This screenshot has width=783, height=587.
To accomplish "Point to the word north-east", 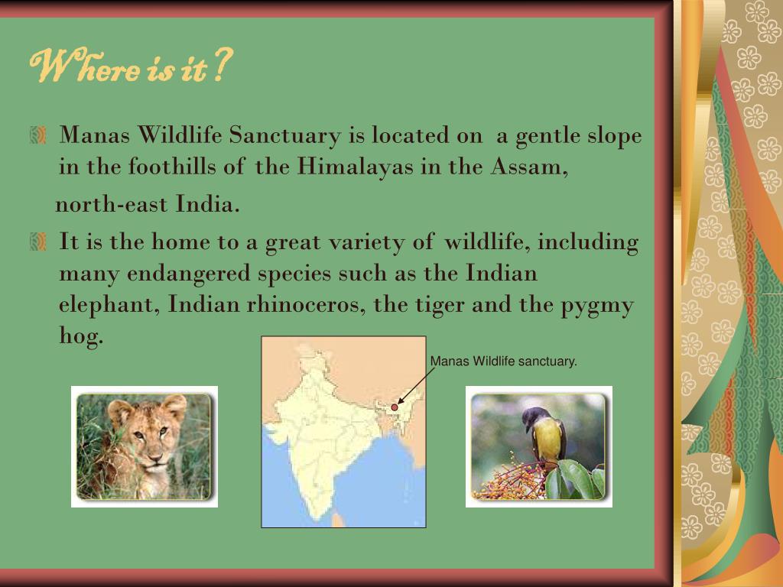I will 112,205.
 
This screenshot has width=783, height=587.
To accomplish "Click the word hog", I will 80,336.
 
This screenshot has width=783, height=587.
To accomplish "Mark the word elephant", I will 108,305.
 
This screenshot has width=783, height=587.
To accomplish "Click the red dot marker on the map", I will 395,407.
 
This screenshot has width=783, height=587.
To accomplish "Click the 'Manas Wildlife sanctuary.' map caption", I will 503,361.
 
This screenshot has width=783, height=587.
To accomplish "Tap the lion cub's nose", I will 154,456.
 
